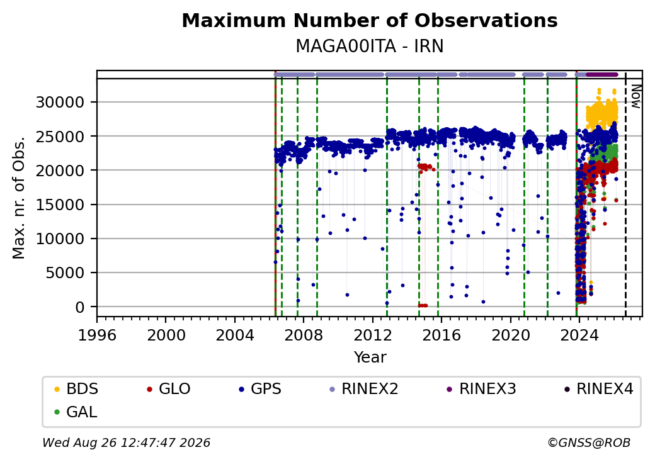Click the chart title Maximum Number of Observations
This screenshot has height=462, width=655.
point(370,20)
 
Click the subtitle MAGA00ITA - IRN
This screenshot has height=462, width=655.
point(370,47)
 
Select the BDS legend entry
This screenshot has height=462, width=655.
point(76,389)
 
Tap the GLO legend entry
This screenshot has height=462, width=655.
point(169,389)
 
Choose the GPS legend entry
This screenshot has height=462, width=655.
point(260,389)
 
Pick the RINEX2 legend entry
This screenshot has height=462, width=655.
point(364,389)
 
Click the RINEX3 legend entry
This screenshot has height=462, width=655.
point(481,389)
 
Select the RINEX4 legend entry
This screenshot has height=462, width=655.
point(598,389)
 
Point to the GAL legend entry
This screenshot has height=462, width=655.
point(76,412)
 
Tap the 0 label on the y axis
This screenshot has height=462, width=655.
point(80,307)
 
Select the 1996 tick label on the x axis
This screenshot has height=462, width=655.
point(97,335)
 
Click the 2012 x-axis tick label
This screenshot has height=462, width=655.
point(373,335)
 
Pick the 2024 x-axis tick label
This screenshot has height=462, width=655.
point(579,335)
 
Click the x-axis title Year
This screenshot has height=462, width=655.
point(370,358)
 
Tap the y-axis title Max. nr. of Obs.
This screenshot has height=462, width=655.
point(19,198)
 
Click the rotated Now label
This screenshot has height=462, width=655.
point(636,96)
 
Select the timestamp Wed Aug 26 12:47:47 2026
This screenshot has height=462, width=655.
point(126,442)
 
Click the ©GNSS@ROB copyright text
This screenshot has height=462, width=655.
point(589,442)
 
